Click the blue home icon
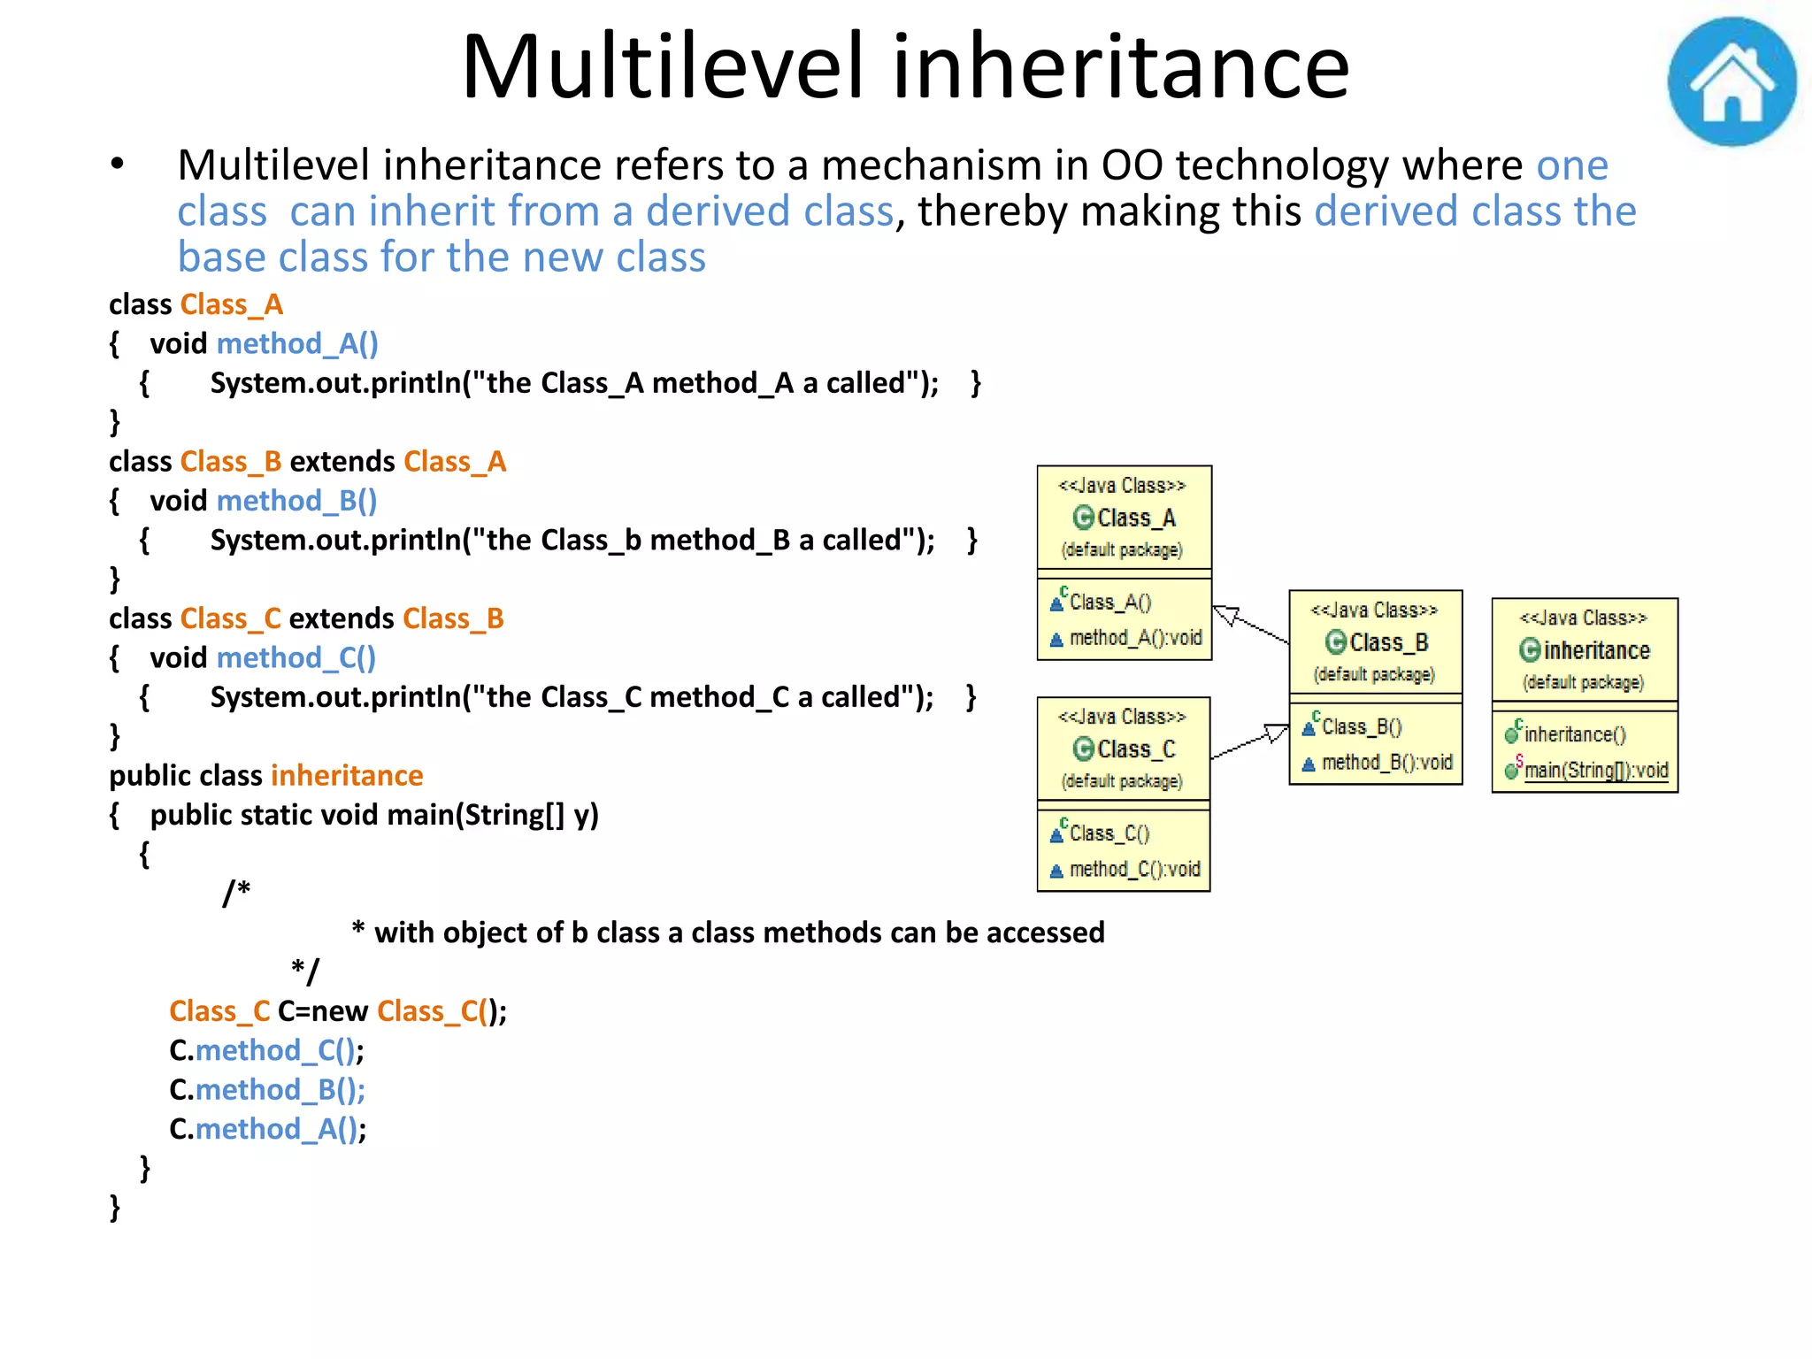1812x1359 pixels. coord(1731,81)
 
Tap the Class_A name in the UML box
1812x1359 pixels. coord(1136,518)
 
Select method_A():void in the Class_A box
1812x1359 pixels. coord(1135,638)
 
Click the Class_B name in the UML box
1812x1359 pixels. coord(1388,643)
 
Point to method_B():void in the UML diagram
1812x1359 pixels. coord(1386,763)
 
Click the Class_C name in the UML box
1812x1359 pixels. coord(1136,750)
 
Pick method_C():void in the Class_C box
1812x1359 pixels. coord(1134,870)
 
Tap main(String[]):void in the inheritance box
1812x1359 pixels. coord(1595,771)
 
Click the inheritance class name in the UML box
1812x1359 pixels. coord(1596,651)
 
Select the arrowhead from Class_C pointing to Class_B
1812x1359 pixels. coord(1276,733)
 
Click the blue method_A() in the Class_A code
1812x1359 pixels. coord(297,343)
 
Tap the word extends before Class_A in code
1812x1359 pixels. coord(342,462)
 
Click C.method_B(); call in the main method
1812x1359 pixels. coord(267,1090)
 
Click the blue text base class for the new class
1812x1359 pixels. coord(441,257)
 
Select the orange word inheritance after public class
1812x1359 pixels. coord(347,776)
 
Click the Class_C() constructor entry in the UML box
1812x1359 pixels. coord(1109,833)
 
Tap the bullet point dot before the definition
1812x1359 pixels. coord(117,165)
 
